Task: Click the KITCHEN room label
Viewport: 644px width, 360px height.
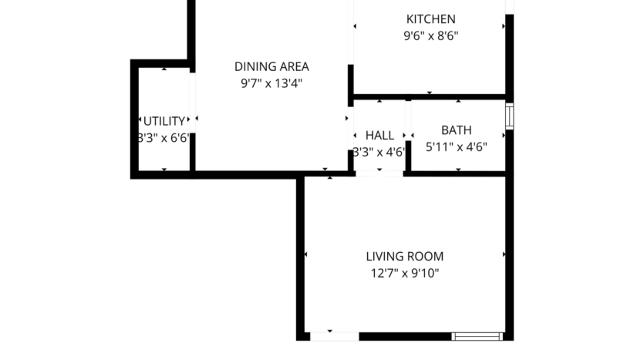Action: point(430,19)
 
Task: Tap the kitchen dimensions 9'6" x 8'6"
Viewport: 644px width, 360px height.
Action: point(430,35)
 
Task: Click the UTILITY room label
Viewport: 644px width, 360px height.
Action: point(164,121)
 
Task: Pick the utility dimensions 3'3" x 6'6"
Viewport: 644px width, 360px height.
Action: point(164,138)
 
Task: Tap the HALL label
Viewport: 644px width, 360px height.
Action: point(379,135)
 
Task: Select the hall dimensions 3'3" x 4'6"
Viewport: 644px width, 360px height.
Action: point(379,152)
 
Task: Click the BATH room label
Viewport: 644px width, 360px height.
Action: point(456,130)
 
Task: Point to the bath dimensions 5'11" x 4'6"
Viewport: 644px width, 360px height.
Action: point(456,146)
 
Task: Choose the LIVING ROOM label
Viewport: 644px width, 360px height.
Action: point(404,256)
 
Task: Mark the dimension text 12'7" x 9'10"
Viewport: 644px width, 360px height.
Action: point(404,273)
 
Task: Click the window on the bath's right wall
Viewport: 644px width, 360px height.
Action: point(509,116)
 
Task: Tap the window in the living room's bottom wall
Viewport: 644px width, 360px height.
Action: point(477,336)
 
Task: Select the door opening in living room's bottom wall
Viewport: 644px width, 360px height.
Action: point(334,336)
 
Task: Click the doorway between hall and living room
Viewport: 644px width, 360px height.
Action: point(379,174)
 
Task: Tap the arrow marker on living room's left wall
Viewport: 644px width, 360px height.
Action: point(307,254)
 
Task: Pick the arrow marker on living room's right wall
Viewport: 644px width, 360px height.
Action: point(504,254)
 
